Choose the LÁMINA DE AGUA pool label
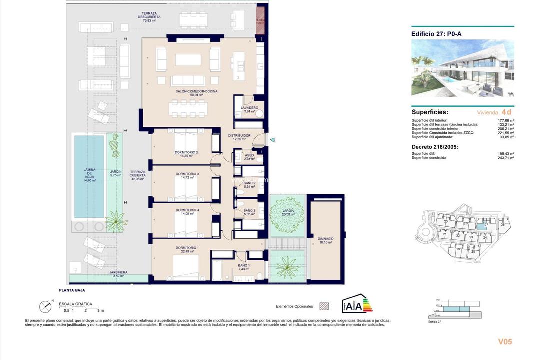[89, 175]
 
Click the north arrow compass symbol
[45, 306]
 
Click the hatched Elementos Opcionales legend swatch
[325, 306]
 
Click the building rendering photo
[462, 69]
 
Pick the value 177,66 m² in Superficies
[505, 120]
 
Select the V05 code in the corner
[505, 342]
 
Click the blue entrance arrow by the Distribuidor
[272, 141]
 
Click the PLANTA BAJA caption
[72, 290]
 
